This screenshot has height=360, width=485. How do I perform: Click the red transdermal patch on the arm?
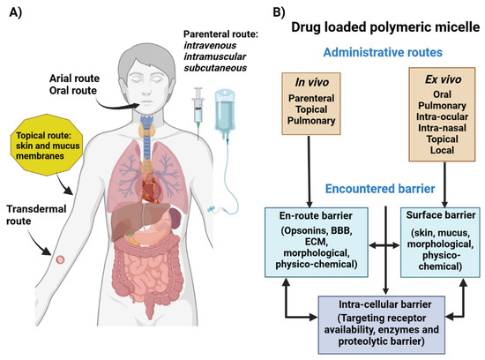(x=60, y=260)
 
